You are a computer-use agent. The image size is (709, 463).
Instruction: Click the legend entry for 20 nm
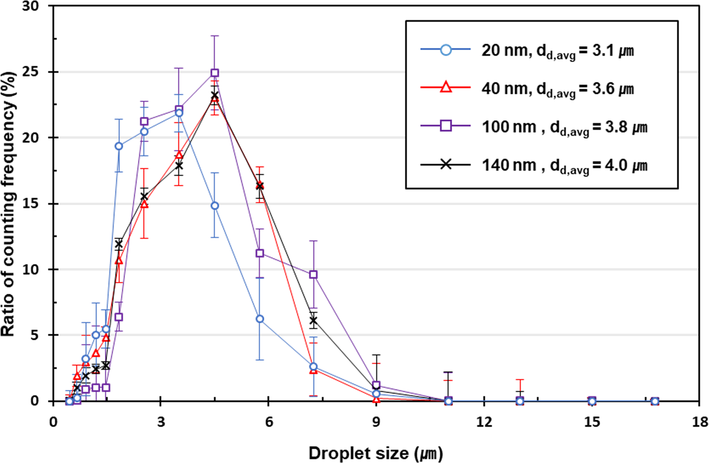pyautogui.click(x=557, y=51)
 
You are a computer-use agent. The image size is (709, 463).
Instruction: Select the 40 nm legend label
pyautogui.click(x=557, y=89)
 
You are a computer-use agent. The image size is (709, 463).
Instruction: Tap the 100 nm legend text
pyautogui.click(x=564, y=127)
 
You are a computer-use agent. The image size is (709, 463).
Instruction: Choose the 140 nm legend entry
pyautogui.click(x=564, y=165)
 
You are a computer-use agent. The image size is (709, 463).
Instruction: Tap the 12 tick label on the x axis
pyautogui.click(x=484, y=422)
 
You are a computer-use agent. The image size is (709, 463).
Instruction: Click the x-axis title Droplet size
pyautogui.click(x=375, y=453)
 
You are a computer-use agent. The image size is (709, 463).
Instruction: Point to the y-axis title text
pyautogui.click(x=8, y=204)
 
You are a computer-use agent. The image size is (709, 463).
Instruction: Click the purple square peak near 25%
pyautogui.click(x=215, y=73)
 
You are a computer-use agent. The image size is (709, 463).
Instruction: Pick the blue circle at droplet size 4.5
pyautogui.click(x=215, y=206)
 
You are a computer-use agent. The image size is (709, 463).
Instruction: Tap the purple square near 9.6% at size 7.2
pyautogui.click(x=313, y=275)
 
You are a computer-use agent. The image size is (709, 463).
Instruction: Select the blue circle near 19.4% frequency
pyautogui.click(x=119, y=146)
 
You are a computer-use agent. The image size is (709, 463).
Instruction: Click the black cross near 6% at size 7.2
pyautogui.click(x=313, y=321)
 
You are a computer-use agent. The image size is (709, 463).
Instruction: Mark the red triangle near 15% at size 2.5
pyautogui.click(x=144, y=205)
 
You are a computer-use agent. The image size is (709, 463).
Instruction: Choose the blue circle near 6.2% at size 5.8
pyautogui.click(x=260, y=319)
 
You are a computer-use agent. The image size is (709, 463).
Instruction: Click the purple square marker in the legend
pyautogui.click(x=445, y=126)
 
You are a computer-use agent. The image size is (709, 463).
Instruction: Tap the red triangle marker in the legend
pyautogui.click(x=445, y=88)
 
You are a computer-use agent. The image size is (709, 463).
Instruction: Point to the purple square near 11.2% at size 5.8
pyautogui.click(x=260, y=253)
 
